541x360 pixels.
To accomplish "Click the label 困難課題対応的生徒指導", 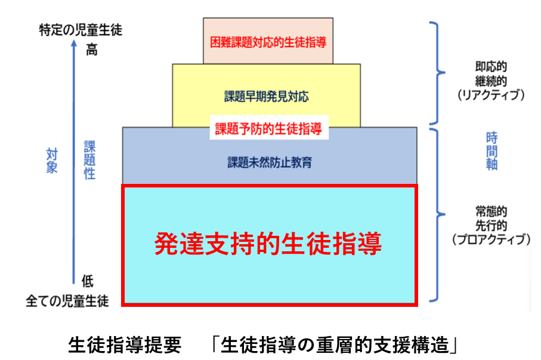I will point(268,42).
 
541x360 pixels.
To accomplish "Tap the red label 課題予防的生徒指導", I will point(268,128).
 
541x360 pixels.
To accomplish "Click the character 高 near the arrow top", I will point(91,50).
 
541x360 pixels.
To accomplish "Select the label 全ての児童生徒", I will point(67,300).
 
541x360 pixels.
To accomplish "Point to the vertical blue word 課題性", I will point(89,161).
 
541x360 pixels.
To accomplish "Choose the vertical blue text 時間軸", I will point(491,151).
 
